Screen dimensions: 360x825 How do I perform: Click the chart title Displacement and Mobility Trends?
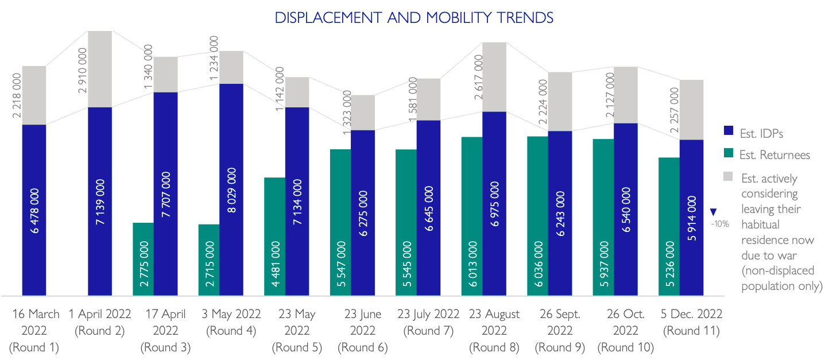point(414,18)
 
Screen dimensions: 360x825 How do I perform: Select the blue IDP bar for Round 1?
point(34,210)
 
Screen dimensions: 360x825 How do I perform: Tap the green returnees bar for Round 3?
point(144,259)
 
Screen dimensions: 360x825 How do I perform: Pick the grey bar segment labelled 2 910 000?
point(100,69)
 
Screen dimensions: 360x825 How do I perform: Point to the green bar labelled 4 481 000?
point(274,237)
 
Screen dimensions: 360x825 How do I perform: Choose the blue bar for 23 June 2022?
point(363,212)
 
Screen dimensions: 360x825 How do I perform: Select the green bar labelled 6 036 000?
point(537,216)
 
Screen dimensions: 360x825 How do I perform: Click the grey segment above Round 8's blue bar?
point(494,77)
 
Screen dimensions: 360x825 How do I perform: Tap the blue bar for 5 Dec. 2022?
point(691,218)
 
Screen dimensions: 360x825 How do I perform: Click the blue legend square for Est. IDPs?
point(729,131)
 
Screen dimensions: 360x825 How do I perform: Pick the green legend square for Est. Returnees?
point(729,153)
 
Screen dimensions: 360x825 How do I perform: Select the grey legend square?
point(729,175)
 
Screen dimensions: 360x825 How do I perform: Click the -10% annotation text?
point(720,224)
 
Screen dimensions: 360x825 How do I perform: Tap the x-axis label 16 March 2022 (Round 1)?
point(35,331)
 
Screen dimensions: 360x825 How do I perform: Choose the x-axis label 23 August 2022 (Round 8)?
point(494,331)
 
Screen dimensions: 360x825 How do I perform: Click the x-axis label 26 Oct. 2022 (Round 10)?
point(626,331)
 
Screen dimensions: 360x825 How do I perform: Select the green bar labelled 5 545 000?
point(406,222)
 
